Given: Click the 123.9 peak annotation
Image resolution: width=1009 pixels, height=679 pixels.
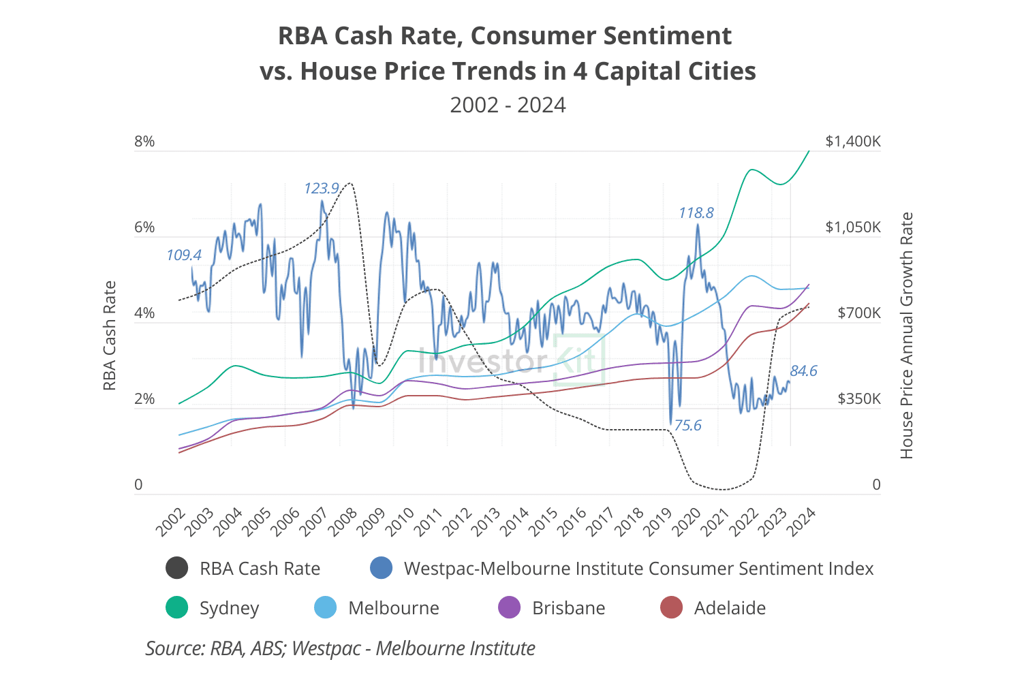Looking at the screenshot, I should pos(321,189).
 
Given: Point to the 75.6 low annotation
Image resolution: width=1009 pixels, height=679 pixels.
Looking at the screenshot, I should pos(687,426).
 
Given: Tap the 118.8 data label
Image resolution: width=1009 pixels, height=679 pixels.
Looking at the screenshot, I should pos(696,213).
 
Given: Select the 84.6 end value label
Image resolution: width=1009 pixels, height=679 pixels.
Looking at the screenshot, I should pos(803,371).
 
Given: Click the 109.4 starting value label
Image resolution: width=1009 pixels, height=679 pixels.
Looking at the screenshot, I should pos(184,255).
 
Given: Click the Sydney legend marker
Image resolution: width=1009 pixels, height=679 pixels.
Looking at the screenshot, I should pos(177,607).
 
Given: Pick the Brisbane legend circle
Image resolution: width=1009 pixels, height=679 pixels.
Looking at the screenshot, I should pos(510,607).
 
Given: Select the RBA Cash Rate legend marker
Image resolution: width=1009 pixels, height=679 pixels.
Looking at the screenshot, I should pos(177,568).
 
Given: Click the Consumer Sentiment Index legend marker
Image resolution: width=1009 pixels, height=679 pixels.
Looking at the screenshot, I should pos(382,568).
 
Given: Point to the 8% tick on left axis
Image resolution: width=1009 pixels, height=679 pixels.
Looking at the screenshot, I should pos(144,142).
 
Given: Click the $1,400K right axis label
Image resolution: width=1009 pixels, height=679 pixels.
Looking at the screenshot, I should pos(852,142).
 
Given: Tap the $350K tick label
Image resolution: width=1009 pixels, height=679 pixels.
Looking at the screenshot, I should pos(858,399).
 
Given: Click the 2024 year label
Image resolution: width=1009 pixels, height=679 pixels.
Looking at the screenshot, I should pos(801,523).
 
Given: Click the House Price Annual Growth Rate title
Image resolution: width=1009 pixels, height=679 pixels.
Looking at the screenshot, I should pos(906,336).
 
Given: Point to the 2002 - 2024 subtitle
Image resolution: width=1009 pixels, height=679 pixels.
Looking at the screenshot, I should pos(508,105).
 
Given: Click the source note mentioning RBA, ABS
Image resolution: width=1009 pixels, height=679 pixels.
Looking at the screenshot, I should pos(340,648).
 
